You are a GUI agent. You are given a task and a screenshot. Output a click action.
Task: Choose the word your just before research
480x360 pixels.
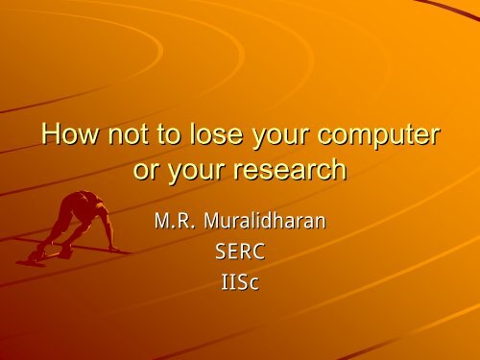pyautogui.click(x=196, y=172)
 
